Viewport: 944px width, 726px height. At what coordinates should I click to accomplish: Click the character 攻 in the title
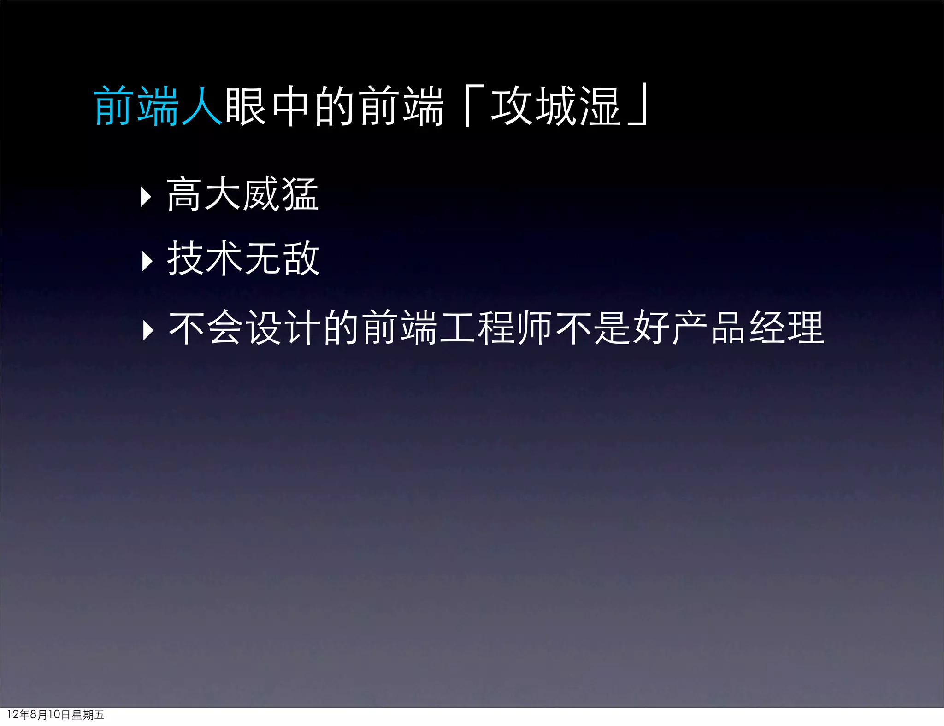512,106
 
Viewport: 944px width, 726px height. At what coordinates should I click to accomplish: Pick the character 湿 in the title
599,106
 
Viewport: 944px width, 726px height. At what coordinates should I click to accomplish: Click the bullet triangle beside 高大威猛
147,197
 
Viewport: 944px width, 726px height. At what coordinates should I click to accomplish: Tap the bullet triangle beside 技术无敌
147,261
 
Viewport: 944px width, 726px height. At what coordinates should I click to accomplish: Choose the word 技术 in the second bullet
205,258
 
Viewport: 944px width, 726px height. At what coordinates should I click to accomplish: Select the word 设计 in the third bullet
284,328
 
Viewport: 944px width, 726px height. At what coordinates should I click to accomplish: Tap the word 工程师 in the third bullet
496,328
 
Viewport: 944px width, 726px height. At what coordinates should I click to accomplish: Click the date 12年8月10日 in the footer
39,714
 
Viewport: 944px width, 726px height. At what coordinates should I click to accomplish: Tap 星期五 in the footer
88,714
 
